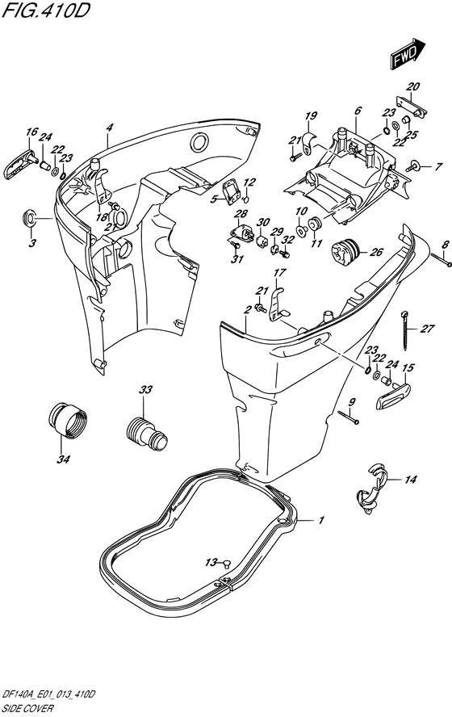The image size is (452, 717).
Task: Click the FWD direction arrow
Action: point(408,54)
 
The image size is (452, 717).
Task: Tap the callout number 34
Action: point(63,459)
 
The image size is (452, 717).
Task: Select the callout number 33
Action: point(146,390)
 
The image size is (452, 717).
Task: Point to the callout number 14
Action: point(410,480)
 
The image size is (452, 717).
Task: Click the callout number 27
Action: point(427,329)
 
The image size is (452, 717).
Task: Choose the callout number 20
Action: point(412,86)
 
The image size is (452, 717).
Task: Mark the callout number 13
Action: point(211,563)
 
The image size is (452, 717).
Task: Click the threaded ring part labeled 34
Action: point(67,420)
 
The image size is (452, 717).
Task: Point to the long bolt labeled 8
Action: point(441,260)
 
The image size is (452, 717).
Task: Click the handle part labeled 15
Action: point(393,396)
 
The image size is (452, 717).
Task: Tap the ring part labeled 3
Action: point(30,218)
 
